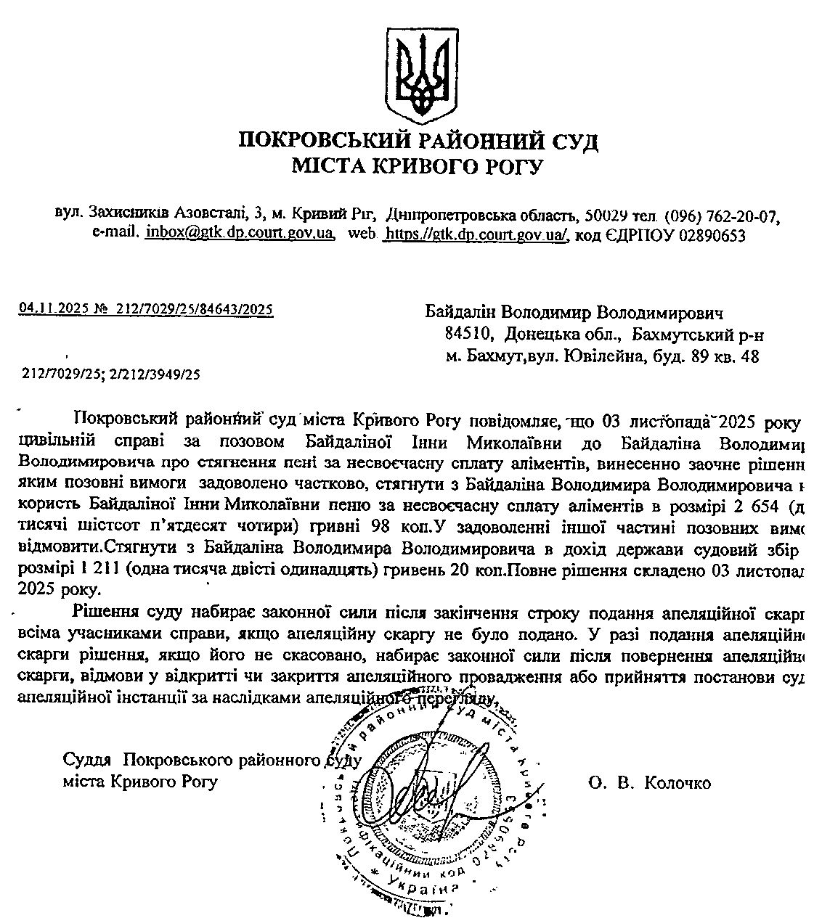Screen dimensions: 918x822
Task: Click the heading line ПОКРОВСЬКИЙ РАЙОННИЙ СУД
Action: point(418,140)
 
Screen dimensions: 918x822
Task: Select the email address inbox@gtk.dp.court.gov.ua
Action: point(240,234)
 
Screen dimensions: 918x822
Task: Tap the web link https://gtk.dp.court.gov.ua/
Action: point(477,234)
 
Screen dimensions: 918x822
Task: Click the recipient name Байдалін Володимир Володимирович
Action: point(575,313)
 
